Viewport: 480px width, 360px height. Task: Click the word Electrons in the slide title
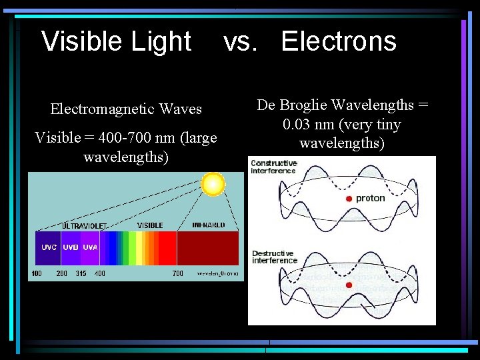(339, 41)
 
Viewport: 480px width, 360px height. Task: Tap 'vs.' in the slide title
(241, 41)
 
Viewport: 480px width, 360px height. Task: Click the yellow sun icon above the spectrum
(213, 184)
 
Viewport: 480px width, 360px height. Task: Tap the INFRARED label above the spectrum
(208, 225)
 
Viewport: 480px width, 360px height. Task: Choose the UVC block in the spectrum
(49, 247)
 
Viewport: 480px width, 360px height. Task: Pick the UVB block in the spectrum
(71, 247)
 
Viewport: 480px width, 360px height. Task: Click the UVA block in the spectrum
(90, 247)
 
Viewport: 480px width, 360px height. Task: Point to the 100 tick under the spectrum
(36, 273)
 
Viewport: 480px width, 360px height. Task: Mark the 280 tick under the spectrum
(61, 273)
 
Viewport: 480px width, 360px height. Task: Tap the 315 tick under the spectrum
(81, 273)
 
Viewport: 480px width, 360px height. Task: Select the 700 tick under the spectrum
(178, 273)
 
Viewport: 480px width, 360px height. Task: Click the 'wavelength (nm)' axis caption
(217, 273)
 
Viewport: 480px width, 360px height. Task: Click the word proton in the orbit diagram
(370, 199)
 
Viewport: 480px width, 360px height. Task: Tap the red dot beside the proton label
(349, 199)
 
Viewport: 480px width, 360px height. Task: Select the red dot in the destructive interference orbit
(349, 285)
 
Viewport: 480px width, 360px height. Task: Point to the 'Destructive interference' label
(274, 257)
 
